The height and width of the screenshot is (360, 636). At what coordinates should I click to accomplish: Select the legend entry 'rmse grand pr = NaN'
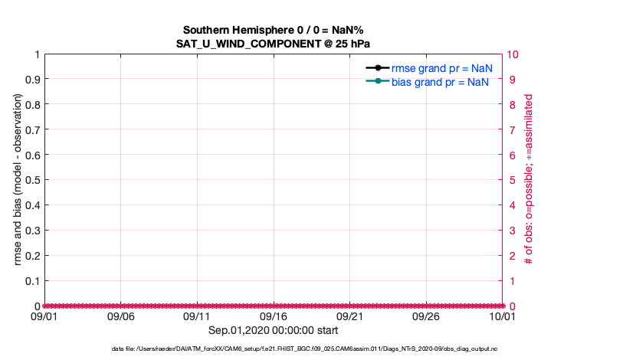(x=441, y=68)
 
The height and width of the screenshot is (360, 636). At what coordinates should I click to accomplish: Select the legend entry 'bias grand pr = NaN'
(x=441, y=82)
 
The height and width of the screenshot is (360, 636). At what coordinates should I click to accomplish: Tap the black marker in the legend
(x=379, y=68)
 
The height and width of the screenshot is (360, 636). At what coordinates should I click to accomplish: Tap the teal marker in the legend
(x=379, y=82)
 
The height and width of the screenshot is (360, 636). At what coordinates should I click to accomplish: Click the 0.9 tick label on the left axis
(x=31, y=80)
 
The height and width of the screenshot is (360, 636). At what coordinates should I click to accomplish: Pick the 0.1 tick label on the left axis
(x=31, y=281)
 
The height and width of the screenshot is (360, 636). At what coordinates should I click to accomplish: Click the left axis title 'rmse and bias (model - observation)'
(x=18, y=180)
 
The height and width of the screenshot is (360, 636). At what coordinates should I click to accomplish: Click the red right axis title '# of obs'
(x=529, y=180)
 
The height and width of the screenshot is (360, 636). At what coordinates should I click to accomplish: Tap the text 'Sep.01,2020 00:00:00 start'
(x=274, y=330)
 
